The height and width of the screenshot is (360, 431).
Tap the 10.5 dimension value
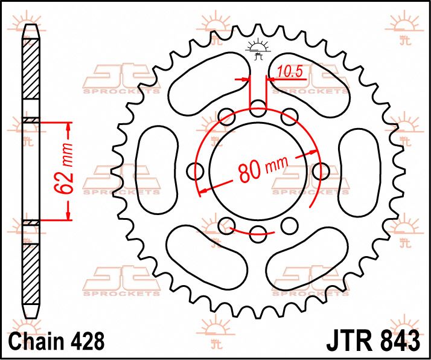click(289, 72)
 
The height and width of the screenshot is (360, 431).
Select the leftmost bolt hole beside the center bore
click(196, 172)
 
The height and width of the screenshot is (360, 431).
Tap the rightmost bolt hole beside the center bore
click(320, 172)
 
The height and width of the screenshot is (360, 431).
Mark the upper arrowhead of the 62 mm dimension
click(68, 127)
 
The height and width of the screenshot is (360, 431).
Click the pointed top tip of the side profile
click(31, 26)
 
